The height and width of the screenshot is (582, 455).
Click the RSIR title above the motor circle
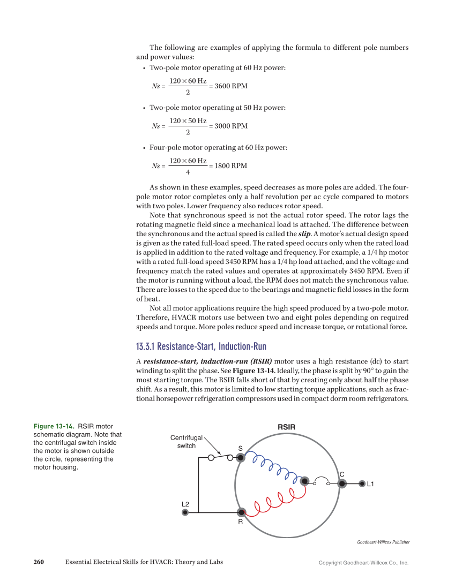(x=287, y=427)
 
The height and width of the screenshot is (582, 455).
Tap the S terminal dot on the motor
(x=241, y=457)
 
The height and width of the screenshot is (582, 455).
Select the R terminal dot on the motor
(x=242, y=512)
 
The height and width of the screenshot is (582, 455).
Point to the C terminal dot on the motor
(x=342, y=483)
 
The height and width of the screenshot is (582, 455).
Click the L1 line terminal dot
(x=362, y=483)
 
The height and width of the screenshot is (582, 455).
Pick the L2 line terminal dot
(x=185, y=512)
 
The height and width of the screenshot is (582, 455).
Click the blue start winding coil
(x=272, y=467)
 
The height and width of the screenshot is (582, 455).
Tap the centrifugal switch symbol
(x=220, y=457)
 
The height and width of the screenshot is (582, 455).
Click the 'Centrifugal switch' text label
(x=187, y=442)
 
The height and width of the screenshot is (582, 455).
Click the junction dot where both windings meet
(x=304, y=481)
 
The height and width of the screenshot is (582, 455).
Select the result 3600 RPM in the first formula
(x=230, y=86)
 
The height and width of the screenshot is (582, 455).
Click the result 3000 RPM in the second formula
(x=230, y=126)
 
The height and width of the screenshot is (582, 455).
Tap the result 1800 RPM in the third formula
(x=230, y=166)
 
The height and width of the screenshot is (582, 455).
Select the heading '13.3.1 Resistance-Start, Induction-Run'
(x=201, y=346)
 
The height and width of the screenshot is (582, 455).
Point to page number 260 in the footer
(x=38, y=562)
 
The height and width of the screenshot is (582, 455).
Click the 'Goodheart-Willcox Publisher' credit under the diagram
(x=383, y=542)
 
